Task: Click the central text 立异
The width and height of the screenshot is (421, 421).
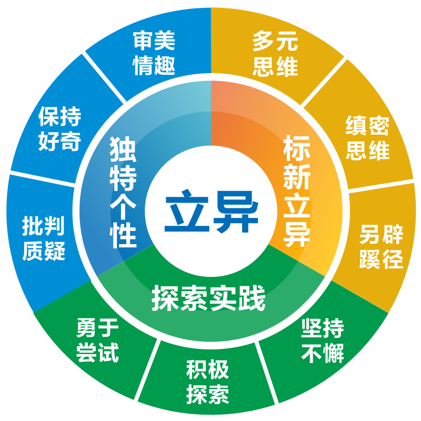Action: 212,211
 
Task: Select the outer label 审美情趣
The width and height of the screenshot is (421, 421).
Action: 154,53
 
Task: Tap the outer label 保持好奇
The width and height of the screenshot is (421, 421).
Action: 59,128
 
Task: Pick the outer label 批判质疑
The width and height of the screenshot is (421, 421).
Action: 44,238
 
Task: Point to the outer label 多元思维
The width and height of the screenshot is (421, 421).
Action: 275,53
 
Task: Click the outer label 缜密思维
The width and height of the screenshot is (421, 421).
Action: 367,137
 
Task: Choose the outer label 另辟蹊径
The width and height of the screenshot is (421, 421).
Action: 381,246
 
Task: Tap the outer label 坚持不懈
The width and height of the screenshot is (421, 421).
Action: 323,340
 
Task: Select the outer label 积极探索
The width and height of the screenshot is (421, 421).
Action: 207,382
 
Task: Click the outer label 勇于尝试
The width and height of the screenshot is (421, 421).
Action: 97,340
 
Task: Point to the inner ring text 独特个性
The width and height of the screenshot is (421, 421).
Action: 123,192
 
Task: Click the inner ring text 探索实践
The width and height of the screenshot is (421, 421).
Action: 208,298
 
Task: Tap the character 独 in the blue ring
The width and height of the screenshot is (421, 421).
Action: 123,149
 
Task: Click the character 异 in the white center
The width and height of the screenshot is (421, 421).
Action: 236,212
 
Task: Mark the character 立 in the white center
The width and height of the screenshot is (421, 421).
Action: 187,210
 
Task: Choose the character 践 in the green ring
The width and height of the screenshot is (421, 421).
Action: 252,298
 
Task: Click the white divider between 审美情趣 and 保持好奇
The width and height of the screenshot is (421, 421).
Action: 104,77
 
